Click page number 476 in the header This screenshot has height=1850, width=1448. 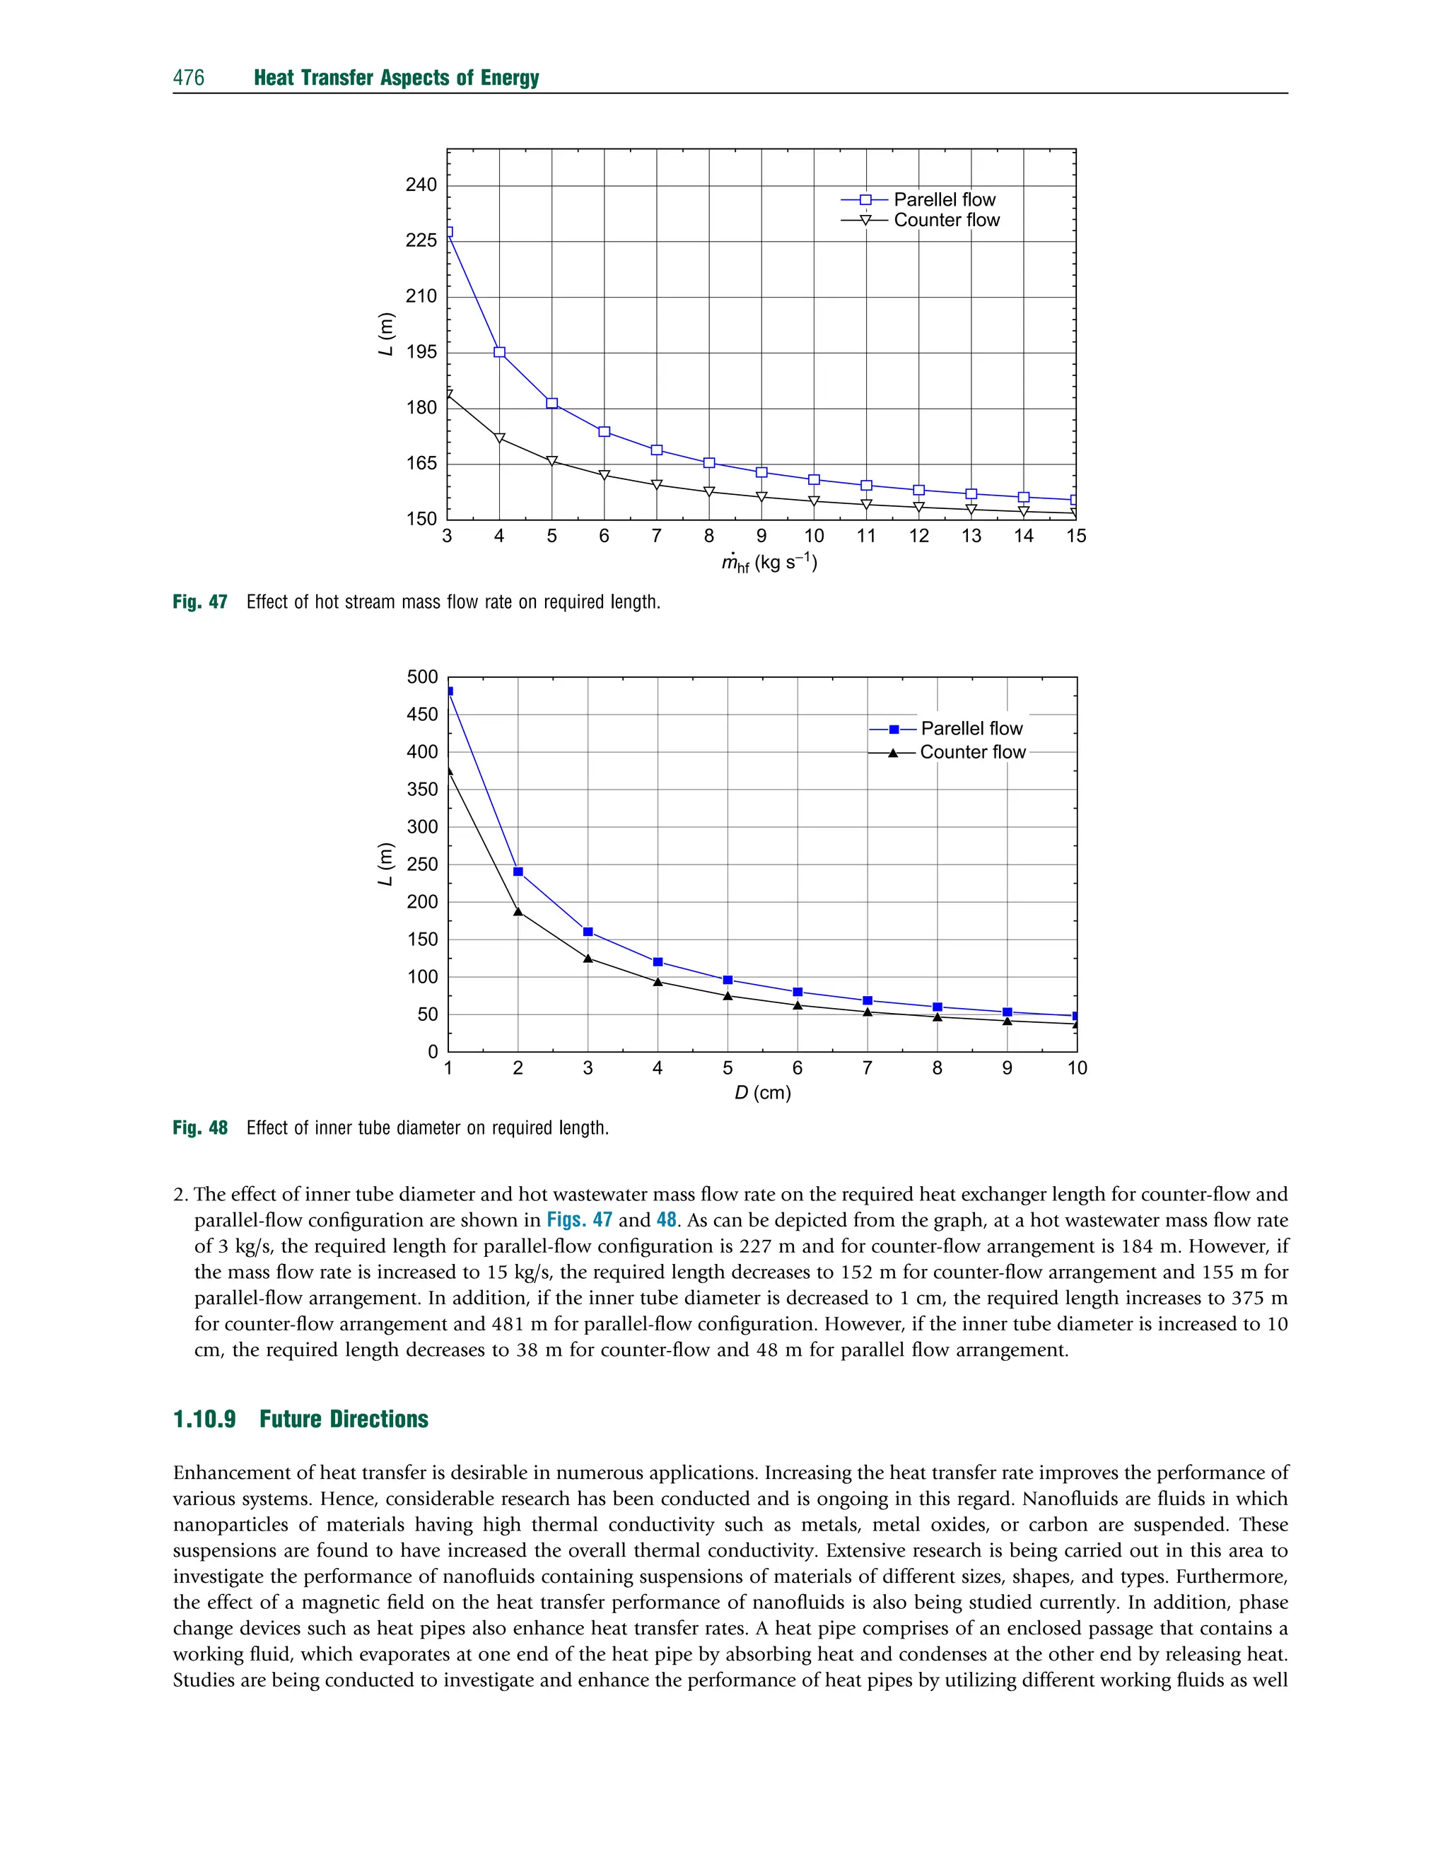(x=188, y=78)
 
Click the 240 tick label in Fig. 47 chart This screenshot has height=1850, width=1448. (x=421, y=185)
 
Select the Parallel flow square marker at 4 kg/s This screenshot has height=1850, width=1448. (x=499, y=353)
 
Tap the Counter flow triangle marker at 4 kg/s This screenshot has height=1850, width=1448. (x=499, y=438)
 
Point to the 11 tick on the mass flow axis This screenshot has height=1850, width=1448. (x=865, y=536)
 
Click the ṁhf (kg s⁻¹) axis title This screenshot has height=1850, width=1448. (x=769, y=563)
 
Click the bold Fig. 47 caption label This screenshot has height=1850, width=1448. (x=200, y=602)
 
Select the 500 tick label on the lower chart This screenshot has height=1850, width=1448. (x=422, y=677)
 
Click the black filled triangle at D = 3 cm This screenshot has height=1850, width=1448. (x=588, y=959)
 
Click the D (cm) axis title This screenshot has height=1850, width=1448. (x=762, y=1092)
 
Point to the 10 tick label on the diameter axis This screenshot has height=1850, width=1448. (x=1077, y=1067)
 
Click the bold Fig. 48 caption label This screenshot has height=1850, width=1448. (x=200, y=1128)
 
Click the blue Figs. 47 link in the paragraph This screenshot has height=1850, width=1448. (x=579, y=1219)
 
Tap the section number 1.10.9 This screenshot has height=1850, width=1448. (x=204, y=1419)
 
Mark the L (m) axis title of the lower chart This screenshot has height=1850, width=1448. (x=386, y=865)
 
